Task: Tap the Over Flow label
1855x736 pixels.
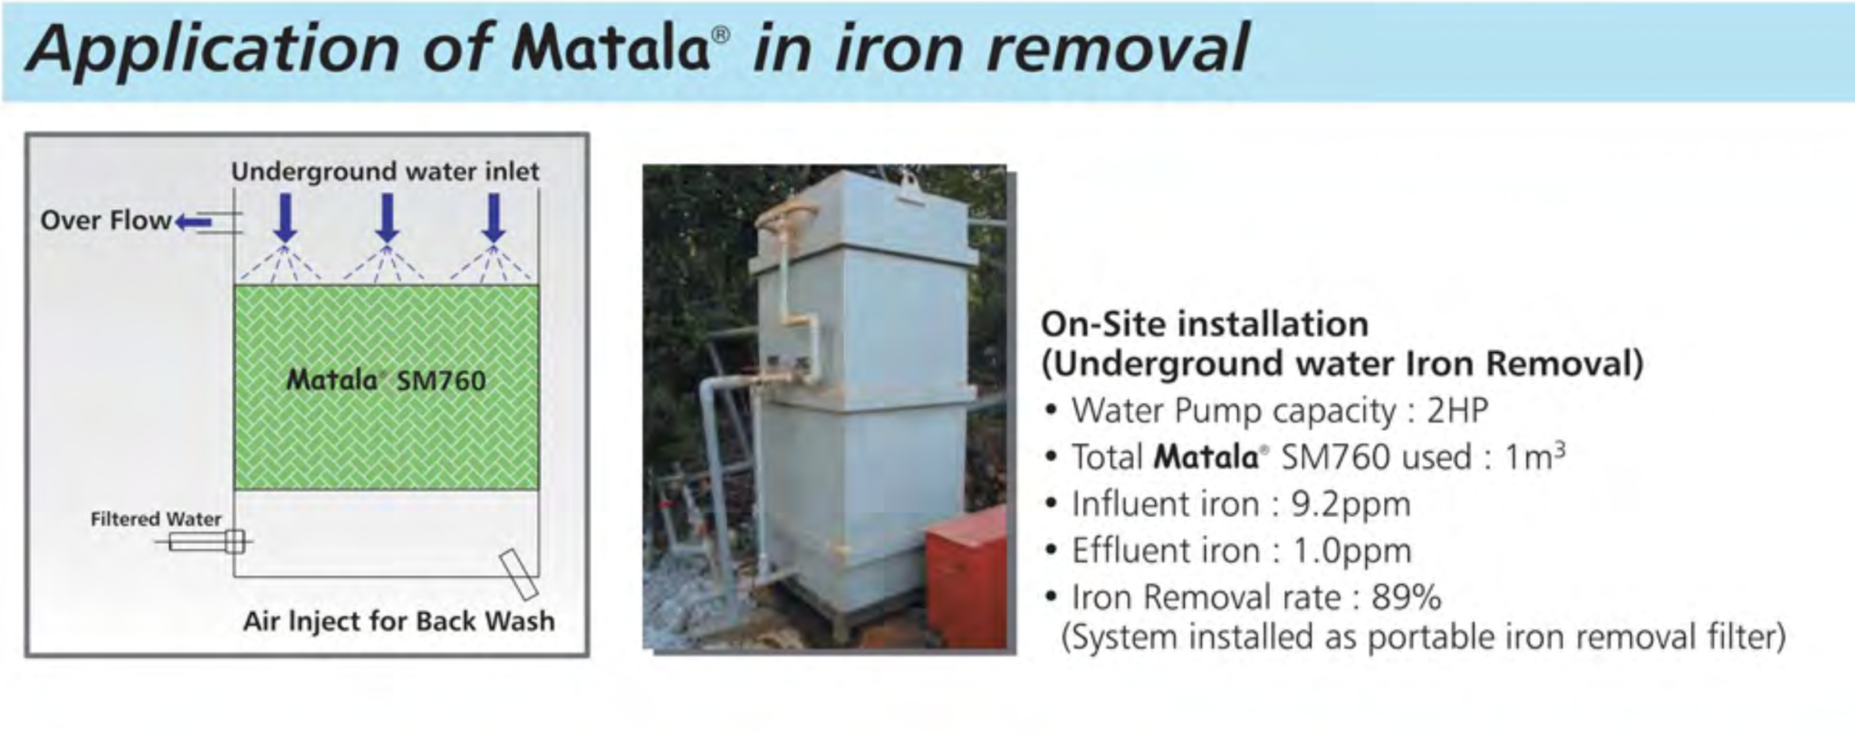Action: (x=105, y=220)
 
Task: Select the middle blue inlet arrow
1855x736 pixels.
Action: (x=388, y=218)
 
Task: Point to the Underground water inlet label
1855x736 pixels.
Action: (x=385, y=171)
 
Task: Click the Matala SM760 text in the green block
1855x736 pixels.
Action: (x=386, y=379)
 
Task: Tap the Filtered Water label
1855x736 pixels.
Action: (x=156, y=519)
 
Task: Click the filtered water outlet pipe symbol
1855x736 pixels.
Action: (x=207, y=541)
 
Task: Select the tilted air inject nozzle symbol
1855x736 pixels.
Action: (x=519, y=574)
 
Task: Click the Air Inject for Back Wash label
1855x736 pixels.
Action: (x=399, y=621)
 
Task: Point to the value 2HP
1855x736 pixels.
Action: (x=1457, y=411)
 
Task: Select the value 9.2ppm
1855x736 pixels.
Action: (x=1350, y=504)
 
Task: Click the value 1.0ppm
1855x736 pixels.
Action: (x=1351, y=550)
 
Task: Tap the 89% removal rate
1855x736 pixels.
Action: (x=1406, y=597)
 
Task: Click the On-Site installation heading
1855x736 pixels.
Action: (x=1204, y=324)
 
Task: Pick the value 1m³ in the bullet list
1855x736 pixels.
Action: (x=1534, y=457)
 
